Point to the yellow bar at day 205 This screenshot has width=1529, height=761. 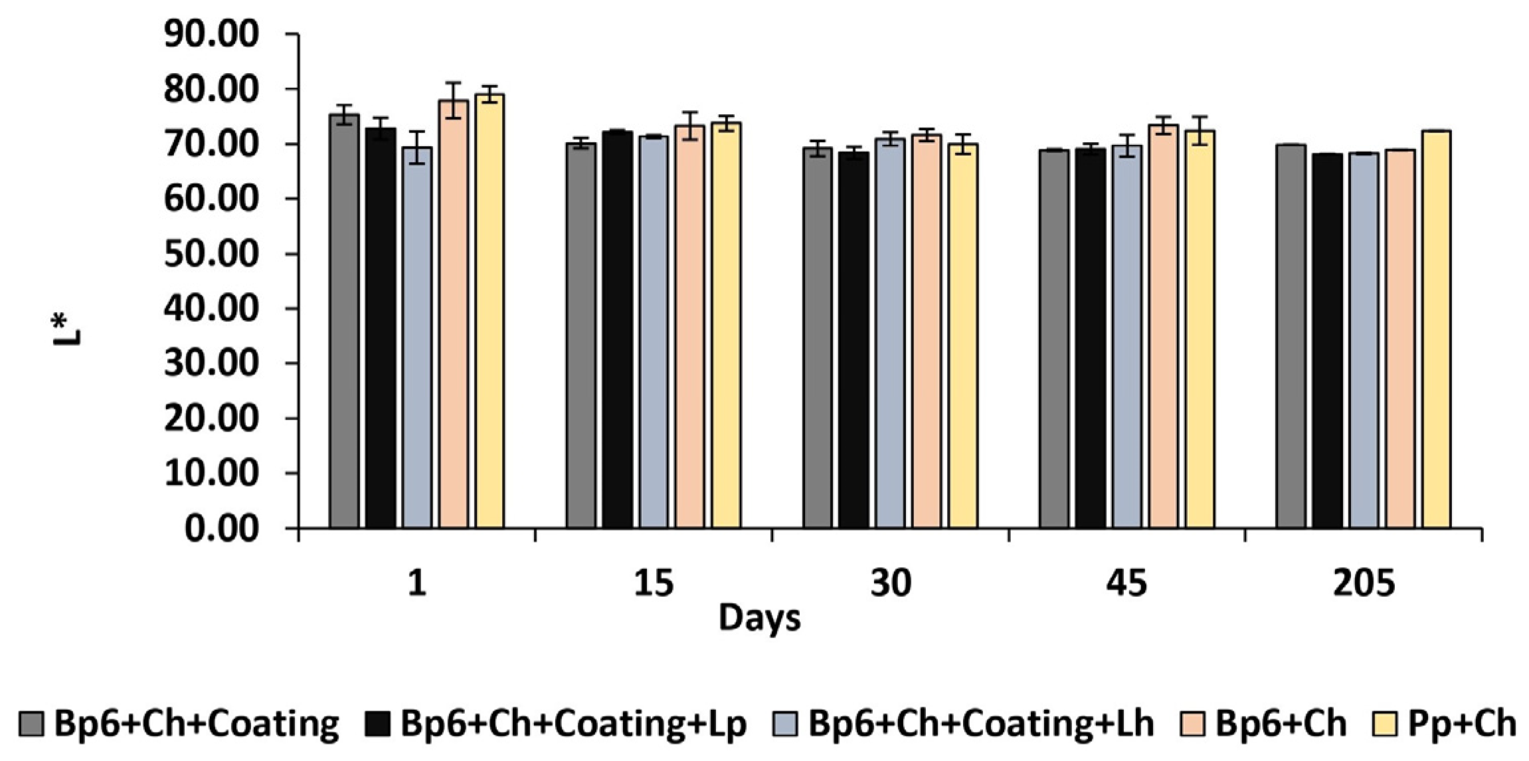coord(1436,329)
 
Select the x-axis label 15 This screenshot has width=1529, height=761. coord(654,584)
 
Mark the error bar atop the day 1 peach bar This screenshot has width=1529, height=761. coord(453,100)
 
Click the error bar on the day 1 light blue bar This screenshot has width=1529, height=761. coord(416,147)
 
